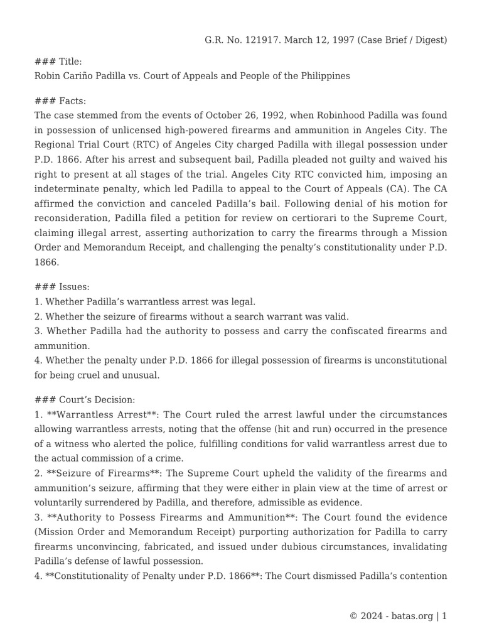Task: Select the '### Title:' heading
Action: tap(58, 62)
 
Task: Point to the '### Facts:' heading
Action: tap(60, 101)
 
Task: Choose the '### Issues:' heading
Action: tap(62, 287)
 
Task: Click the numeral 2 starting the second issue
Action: tap(37, 316)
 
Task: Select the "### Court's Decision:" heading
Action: tap(84, 400)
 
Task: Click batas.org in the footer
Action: tap(411, 616)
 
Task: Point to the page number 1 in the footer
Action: tap(444, 616)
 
